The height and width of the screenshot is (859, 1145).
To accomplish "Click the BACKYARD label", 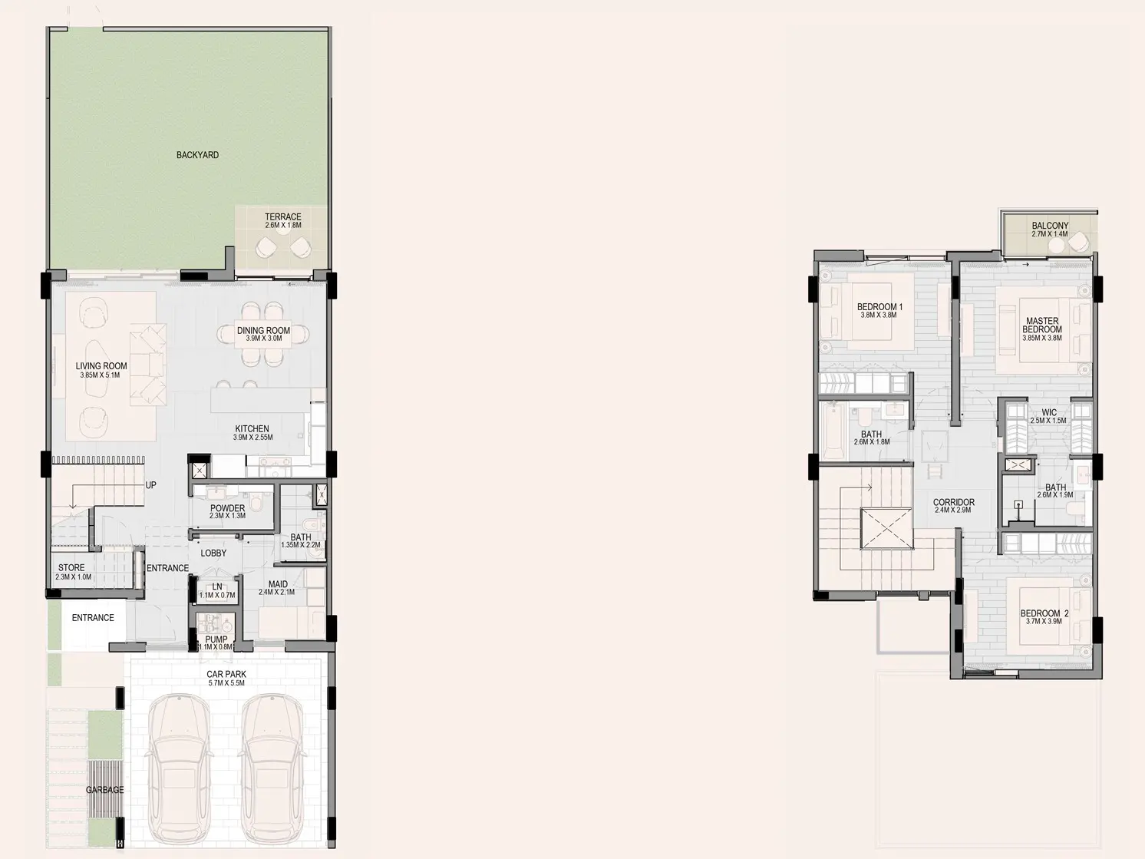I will pos(197,155).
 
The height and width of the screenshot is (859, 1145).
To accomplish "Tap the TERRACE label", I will pos(282,217).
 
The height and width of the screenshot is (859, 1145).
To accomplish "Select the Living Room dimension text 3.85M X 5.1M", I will pos(100,375).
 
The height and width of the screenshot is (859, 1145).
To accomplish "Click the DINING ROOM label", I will pos(263,331).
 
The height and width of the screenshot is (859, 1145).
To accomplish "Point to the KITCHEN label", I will pos(252,429).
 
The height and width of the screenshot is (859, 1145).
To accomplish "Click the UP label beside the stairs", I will pos(150,485).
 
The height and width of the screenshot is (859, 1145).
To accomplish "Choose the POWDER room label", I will pos(227,508).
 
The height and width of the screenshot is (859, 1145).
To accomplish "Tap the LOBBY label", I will pos(213,553).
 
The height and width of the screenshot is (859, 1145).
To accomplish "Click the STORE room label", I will pos(71,568).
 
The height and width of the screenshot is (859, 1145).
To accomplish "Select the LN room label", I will pos(217,586).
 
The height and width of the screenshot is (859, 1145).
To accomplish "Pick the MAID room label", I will pos(278,584).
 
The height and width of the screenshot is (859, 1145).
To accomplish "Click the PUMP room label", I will pos(216,639).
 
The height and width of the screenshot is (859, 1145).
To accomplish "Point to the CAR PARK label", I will pos(226,675).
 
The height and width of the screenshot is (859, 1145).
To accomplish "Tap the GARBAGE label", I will pos(104,790).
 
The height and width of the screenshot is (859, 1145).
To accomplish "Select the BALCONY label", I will pos(1050,226).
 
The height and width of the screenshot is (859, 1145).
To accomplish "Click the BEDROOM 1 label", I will pos(879,307).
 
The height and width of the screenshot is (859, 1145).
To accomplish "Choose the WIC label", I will pos(1049,412).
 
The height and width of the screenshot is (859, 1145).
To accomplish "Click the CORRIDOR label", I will pos(954,503).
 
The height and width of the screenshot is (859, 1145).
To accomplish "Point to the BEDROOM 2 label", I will pos(1044,613).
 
